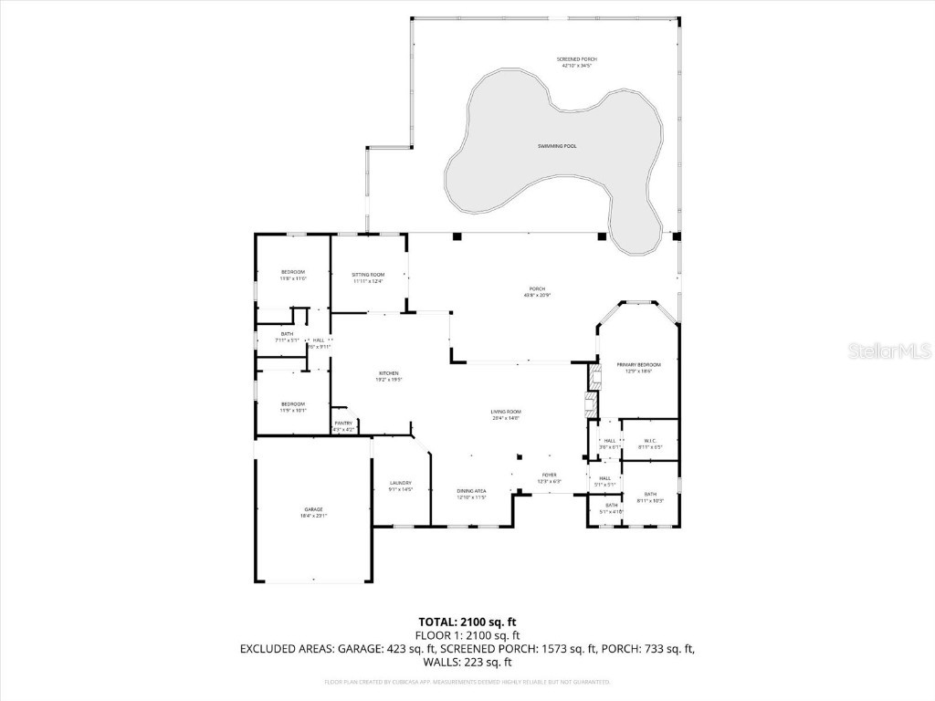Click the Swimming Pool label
pos(556,146)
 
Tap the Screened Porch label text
pos(576,62)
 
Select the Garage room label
pos(313,513)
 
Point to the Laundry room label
pos(400,486)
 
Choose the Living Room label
pos(505,415)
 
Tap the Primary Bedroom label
pos(637,367)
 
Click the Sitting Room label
pos(369,277)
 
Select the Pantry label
pos(343,425)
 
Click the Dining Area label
pos(471,494)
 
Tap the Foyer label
pos(549,477)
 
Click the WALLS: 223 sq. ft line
pos(467,663)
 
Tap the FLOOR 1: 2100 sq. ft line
pos(467,635)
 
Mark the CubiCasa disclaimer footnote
pos(467,682)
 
